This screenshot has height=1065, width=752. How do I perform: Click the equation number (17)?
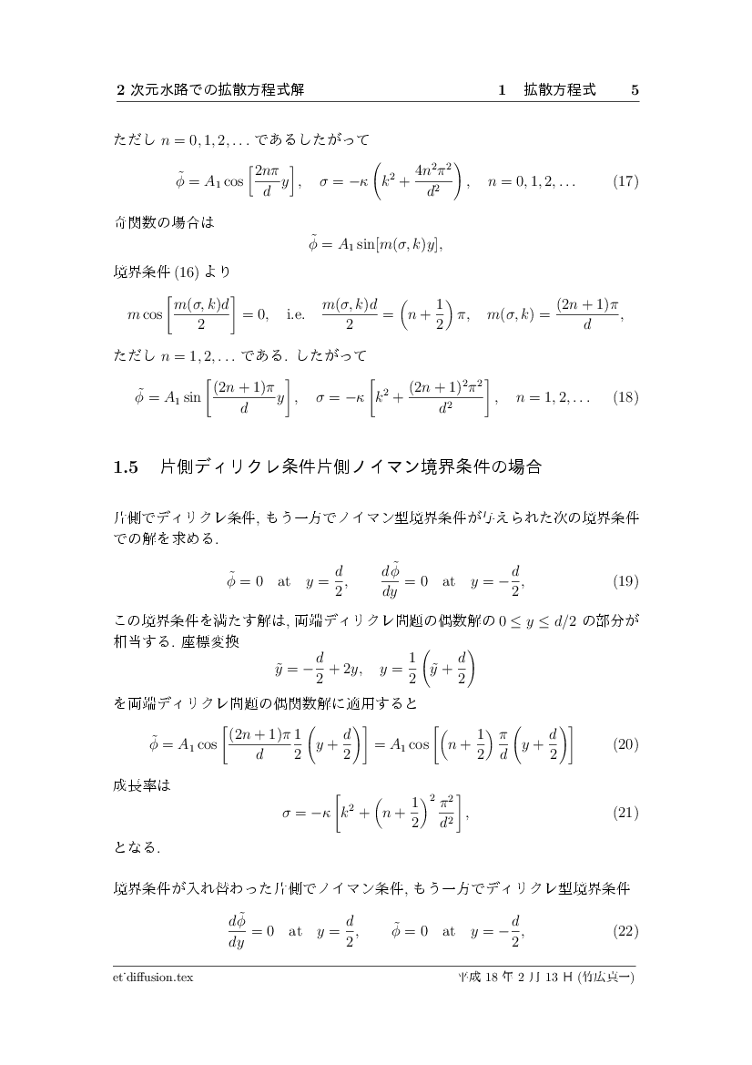(x=625, y=181)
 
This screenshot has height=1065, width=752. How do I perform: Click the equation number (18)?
(x=625, y=397)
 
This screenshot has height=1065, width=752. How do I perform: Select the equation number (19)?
(x=625, y=580)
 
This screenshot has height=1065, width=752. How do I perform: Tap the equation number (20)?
(x=625, y=744)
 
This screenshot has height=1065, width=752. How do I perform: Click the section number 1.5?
(x=125, y=468)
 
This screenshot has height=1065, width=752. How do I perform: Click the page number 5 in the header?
(x=635, y=90)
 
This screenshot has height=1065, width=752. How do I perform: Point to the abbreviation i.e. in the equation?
(x=296, y=315)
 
